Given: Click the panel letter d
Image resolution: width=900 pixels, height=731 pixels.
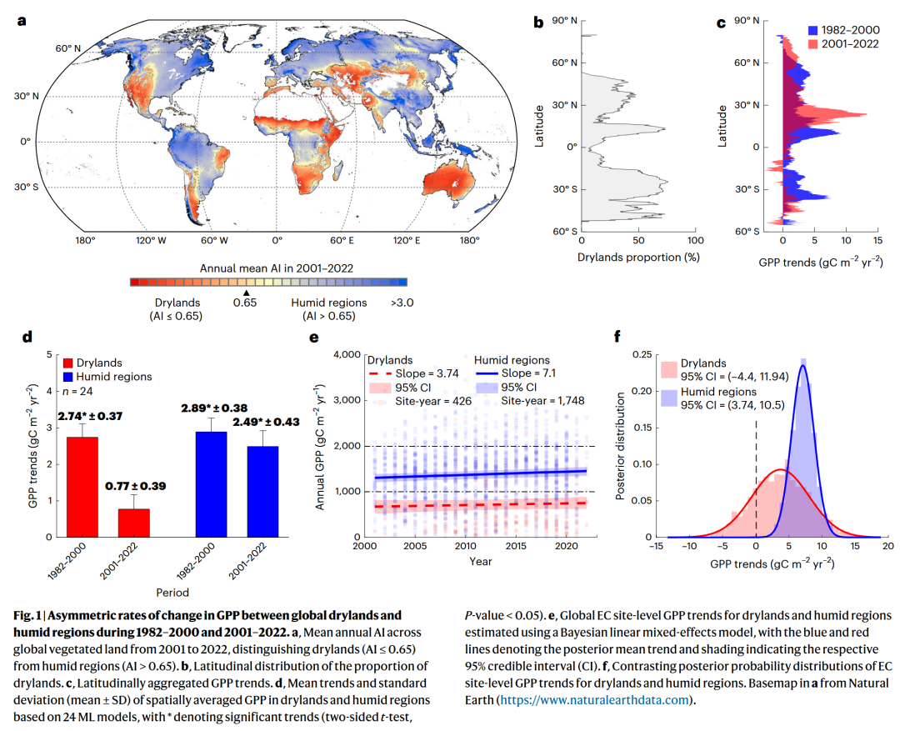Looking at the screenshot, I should [27, 338].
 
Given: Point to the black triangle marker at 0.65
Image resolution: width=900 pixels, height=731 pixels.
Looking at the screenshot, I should [245, 292].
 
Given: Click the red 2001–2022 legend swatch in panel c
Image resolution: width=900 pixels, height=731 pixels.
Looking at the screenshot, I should [813, 43].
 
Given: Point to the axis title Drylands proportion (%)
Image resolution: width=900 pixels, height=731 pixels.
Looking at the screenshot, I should [637, 257].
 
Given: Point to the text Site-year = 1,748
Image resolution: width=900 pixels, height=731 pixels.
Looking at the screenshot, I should [542, 400].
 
